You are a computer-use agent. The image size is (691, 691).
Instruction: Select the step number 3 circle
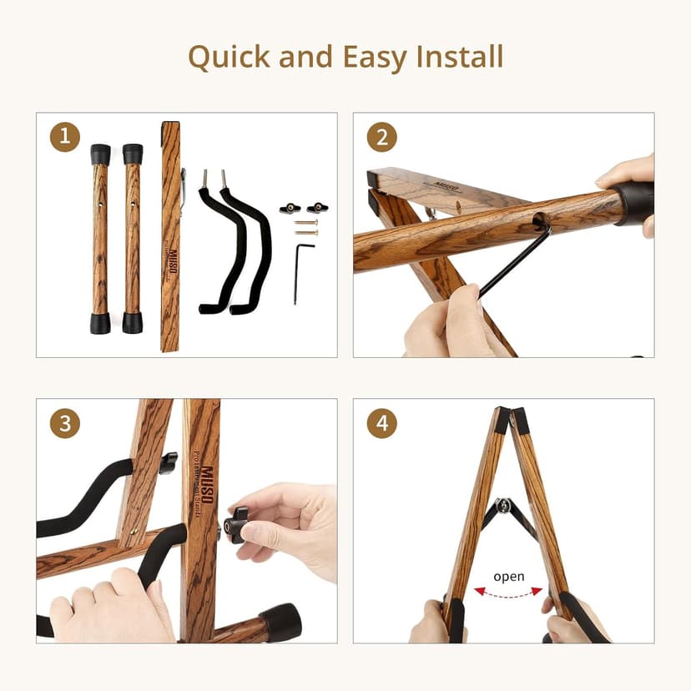pyautogui.click(x=65, y=423)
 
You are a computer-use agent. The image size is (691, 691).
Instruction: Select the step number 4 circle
pyautogui.click(x=381, y=423)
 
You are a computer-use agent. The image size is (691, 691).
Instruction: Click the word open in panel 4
pyautogui.click(x=508, y=577)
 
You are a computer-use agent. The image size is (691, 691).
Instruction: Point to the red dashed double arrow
pyautogui.click(x=508, y=592)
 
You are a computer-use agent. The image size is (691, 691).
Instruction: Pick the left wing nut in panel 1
pyautogui.click(x=290, y=208)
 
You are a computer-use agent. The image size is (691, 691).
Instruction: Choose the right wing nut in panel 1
pyautogui.click(x=317, y=208)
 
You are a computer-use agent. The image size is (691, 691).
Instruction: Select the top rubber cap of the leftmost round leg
pyautogui.click(x=100, y=154)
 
